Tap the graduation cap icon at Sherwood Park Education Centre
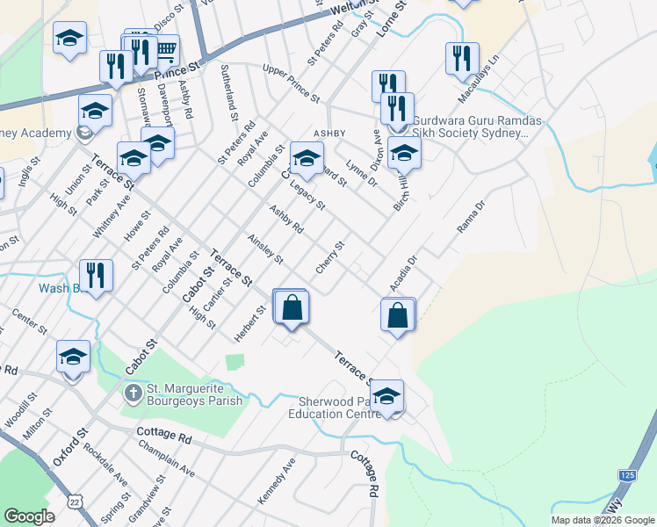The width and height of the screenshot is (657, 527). coord(386,397)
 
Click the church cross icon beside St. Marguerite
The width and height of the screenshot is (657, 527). coord(132,392)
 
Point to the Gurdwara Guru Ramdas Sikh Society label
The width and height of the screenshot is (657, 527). coord(469,127)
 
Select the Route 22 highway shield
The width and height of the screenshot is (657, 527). coord(76,500)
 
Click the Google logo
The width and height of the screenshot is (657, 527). coord(30,516)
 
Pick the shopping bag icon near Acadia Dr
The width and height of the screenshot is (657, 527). coord(398,314)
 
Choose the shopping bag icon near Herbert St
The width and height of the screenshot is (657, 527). coord(292,307)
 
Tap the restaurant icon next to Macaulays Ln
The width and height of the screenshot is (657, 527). coord(462,59)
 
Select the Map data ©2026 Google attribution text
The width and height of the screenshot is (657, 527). coord(603,520)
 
